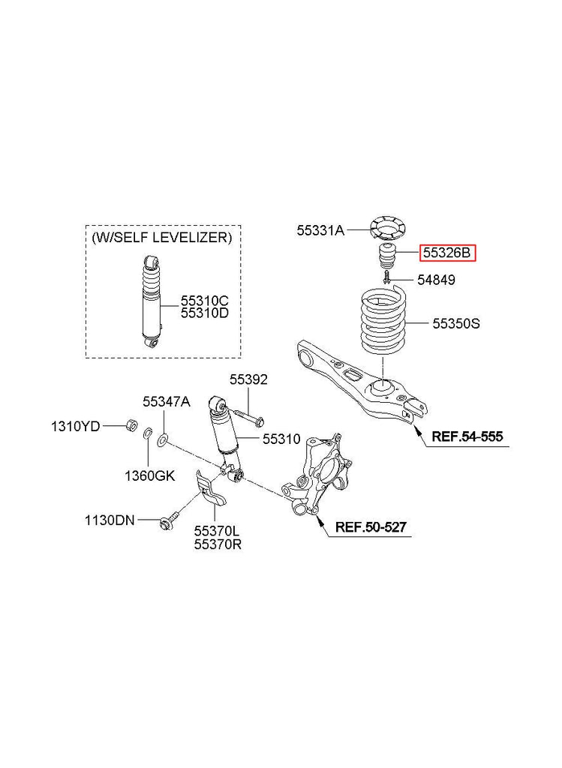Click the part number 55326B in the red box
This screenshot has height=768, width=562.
pos(446,253)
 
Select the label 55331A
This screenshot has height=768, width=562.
pos(320,231)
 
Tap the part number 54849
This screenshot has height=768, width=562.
pos(436,280)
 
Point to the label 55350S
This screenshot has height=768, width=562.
pos(455,324)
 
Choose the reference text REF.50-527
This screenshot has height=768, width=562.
pos(371,527)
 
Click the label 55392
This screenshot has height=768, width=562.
pos(248,380)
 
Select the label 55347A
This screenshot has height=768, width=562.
pos(167,402)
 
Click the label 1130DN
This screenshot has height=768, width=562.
pos(110,519)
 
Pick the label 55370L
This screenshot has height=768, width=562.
pos(218,531)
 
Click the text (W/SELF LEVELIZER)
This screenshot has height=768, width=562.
pos(161,237)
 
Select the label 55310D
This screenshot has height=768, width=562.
pos(204,313)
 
